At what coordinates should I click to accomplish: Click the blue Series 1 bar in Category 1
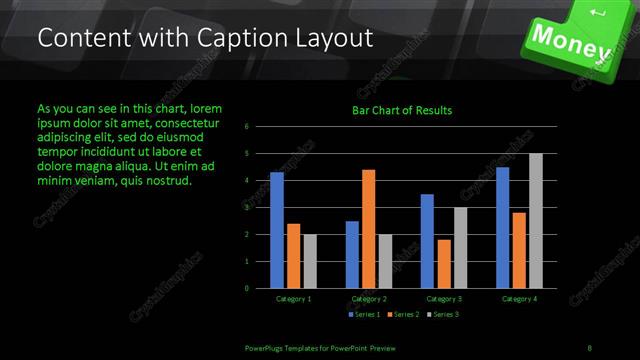click(x=277, y=230)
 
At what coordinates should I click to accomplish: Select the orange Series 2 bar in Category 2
click(x=368, y=229)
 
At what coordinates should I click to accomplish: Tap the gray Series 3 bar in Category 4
click(x=536, y=221)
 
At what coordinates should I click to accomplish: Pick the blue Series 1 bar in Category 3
click(x=427, y=241)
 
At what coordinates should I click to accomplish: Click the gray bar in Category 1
click(x=310, y=261)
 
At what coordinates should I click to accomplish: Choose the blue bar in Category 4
click(x=503, y=227)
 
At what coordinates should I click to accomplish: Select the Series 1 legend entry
click(x=364, y=315)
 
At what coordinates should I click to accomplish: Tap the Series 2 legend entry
click(x=402, y=315)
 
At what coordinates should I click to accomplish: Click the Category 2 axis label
click(x=368, y=298)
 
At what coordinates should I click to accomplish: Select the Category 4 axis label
click(x=520, y=298)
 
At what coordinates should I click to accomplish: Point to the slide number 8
click(x=590, y=346)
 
